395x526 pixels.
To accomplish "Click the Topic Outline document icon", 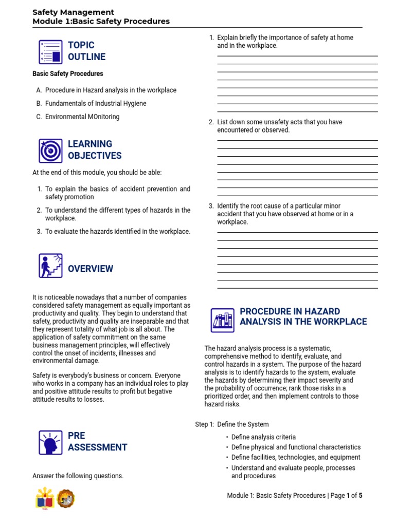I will pyautogui.click(x=50, y=51).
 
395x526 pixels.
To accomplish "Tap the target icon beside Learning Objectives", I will pyautogui.click(x=50, y=151).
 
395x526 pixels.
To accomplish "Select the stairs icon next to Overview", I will pyautogui.click(x=50, y=266).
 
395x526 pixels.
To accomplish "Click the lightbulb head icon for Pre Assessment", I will pyautogui.click(x=50, y=442).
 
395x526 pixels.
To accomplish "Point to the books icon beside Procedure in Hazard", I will pyautogui.click(x=222, y=320).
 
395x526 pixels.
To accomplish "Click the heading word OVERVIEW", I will pyautogui.click(x=91, y=269).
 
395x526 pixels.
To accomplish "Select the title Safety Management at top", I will pyautogui.click(x=73, y=12).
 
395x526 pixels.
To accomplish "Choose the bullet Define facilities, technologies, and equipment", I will pyautogui.click(x=295, y=457).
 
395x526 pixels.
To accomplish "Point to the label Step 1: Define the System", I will pyautogui.click(x=232, y=424).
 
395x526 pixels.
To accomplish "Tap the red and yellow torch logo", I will pyautogui.click(x=44, y=498).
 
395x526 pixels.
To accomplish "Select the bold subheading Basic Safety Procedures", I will pyautogui.click(x=68, y=73).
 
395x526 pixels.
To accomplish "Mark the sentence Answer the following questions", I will pyautogui.click(x=78, y=476).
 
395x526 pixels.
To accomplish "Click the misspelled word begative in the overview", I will pyautogui.click(x=159, y=391).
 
